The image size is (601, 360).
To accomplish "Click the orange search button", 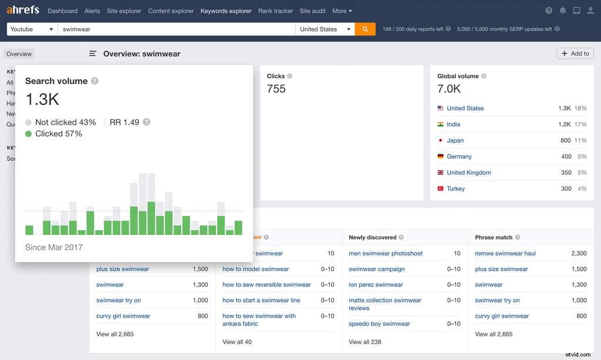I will click(x=365, y=29).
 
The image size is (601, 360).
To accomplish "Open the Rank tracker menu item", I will click(x=275, y=11).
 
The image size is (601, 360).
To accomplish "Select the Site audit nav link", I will click(x=312, y=11).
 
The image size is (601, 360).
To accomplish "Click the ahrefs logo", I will click(x=22, y=11).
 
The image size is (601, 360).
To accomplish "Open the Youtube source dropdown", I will click(x=32, y=29).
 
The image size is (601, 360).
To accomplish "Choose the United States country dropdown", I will click(x=325, y=29).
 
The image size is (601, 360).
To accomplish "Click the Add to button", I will click(x=575, y=53).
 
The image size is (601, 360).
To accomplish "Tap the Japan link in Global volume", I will click(x=455, y=140).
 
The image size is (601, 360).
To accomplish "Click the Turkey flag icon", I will click(x=440, y=189).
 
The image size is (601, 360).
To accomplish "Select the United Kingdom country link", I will click(x=468, y=173).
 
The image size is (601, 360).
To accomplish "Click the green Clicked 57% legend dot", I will click(x=29, y=134).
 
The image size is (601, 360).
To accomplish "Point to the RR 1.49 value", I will click(x=124, y=122).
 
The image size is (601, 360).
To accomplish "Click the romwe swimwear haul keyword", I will click(x=505, y=253).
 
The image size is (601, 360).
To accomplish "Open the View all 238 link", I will click(x=364, y=342).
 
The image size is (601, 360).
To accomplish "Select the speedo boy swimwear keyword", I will click(x=379, y=324).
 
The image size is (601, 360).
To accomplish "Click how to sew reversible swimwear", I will click(x=266, y=284).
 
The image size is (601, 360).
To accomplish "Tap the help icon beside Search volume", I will click(x=95, y=81).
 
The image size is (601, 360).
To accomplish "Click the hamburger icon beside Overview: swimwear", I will click(x=93, y=53).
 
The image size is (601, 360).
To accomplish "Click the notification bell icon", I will click(x=563, y=11).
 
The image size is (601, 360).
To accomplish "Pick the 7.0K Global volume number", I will click(x=449, y=89).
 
